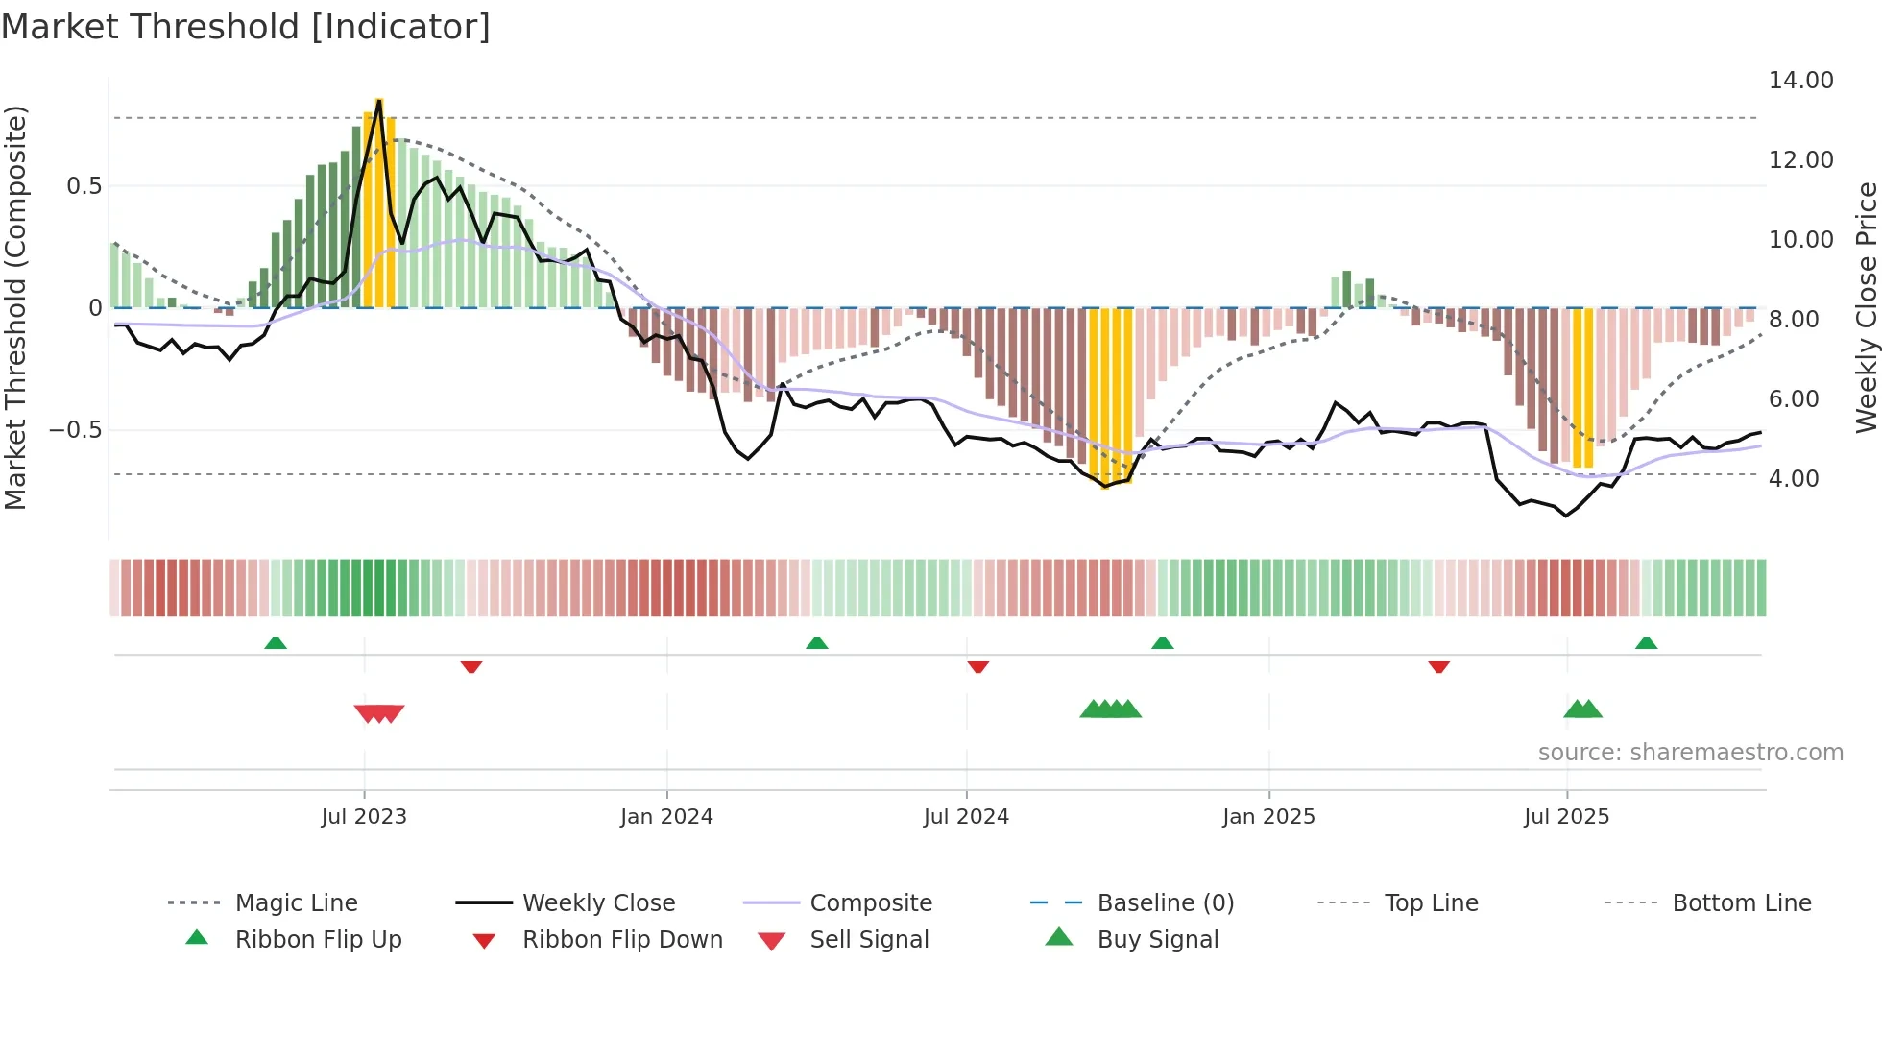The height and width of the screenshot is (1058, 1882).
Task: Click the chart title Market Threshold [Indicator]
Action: [x=246, y=27]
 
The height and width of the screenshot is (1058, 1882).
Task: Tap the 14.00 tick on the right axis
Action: [x=1800, y=81]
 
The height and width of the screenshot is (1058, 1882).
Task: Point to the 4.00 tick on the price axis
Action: [x=1793, y=478]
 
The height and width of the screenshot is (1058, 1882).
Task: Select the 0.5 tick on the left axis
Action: [x=84, y=186]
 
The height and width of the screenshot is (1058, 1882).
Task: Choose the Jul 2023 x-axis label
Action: [x=364, y=817]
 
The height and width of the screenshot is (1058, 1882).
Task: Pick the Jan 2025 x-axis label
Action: [x=1268, y=817]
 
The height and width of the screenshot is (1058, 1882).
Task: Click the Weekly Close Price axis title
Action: [x=1866, y=307]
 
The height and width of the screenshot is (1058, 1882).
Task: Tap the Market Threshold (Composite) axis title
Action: [x=15, y=307]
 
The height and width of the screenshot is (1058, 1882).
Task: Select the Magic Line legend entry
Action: [x=296, y=903]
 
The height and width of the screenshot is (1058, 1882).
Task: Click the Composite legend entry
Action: [x=870, y=903]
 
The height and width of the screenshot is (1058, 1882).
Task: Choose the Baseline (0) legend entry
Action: [x=1165, y=903]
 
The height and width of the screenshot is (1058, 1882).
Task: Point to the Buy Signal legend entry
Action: [x=1157, y=940]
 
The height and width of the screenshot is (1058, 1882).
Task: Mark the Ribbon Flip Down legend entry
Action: [x=621, y=940]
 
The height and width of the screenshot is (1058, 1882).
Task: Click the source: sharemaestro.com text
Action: [x=1690, y=753]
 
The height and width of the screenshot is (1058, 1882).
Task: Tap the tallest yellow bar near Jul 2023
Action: [x=379, y=202]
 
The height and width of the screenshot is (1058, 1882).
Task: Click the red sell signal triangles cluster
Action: [x=379, y=713]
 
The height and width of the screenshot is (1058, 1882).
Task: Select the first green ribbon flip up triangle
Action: [x=276, y=642]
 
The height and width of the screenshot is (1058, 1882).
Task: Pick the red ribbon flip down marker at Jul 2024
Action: [x=977, y=666]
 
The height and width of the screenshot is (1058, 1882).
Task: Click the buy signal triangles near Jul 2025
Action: [x=1582, y=709]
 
